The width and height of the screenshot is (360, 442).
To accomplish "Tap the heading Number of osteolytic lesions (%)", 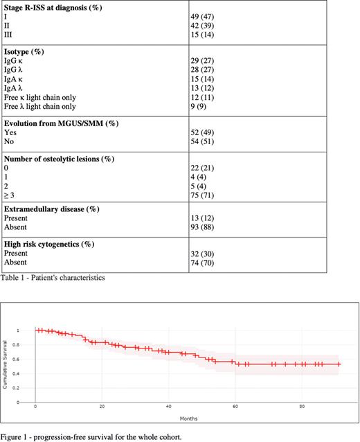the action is (x=59, y=159).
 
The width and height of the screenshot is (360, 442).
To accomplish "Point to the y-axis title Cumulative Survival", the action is (x=6, y=363).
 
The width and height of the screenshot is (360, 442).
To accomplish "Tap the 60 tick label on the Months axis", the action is (x=235, y=407).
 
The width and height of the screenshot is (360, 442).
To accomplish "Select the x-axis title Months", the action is (x=188, y=419).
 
